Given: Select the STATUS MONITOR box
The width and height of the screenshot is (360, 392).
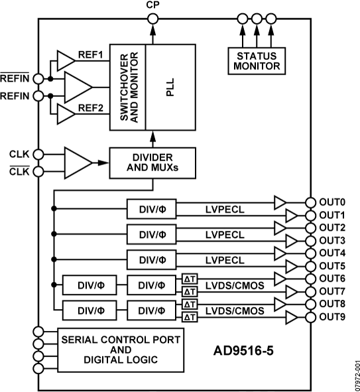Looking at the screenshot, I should (x=255, y=60).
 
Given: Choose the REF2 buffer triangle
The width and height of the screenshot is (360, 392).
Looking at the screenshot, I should (x=66, y=114).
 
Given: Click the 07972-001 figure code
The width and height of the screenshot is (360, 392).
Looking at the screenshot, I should (x=355, y=373).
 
